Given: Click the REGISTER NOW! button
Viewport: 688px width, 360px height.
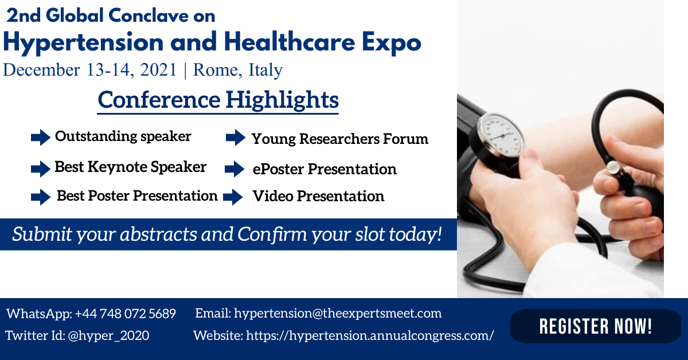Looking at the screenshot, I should coord(595,326).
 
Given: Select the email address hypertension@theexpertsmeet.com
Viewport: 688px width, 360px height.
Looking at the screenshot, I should coord(338,314).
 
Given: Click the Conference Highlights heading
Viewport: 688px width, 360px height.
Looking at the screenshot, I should coord(218,100).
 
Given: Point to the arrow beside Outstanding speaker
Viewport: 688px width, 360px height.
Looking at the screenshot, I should coord(41,138).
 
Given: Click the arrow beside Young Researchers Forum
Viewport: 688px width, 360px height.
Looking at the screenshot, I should coord(236,138).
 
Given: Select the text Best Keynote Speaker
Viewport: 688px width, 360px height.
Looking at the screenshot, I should coord(130,167).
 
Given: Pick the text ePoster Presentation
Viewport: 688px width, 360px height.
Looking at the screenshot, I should coord(325,170).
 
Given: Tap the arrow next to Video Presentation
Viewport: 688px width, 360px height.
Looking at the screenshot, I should coord(233,197).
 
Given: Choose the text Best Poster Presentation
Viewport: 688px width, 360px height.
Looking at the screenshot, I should coord(137,196).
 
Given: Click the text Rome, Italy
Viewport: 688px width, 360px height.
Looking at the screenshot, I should coord(238,70).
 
